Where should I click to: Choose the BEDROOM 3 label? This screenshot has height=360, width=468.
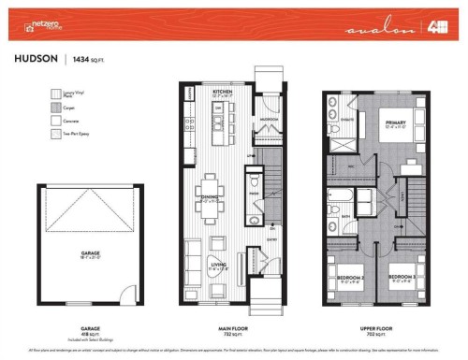(401, 276)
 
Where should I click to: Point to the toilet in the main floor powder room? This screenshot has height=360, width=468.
(253, 221)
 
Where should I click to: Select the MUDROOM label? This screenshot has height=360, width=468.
(269, 121)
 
